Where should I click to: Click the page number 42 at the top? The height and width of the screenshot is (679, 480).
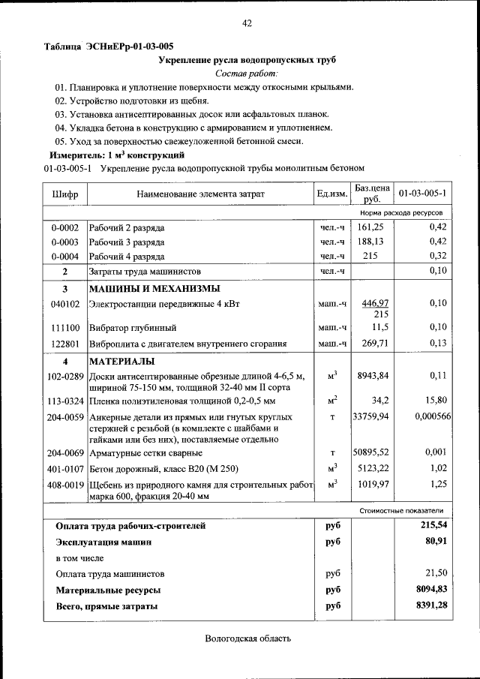(247, 23)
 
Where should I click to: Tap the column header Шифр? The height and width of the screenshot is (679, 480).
(64, 194)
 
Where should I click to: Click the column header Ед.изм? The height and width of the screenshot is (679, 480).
(331, 194)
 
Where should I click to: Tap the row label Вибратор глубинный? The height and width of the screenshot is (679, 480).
(132, 329)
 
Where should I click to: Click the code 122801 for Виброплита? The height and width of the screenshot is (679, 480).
(64, 344)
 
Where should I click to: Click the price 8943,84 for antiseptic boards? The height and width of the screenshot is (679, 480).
(372, 376)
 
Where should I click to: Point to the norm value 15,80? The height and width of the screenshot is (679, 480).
(435, 401)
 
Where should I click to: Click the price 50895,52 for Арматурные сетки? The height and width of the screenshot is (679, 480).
(372, 453)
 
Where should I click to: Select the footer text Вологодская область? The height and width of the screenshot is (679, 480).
(247, 638)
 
